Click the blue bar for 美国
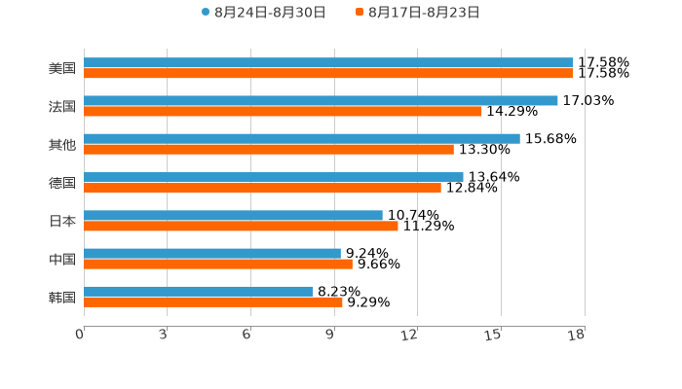328,62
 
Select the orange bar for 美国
328,73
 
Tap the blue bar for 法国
321,100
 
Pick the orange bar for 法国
283,111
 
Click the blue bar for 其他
302,138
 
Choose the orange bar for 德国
262,188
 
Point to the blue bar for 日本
233,215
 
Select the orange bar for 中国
218,264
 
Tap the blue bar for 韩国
199,291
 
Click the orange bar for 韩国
213,301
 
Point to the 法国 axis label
62,106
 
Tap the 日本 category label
62,221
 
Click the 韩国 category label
62,297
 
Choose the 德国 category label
62,183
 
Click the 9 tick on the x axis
331,336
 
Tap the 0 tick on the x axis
80,336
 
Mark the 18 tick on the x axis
577,336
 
